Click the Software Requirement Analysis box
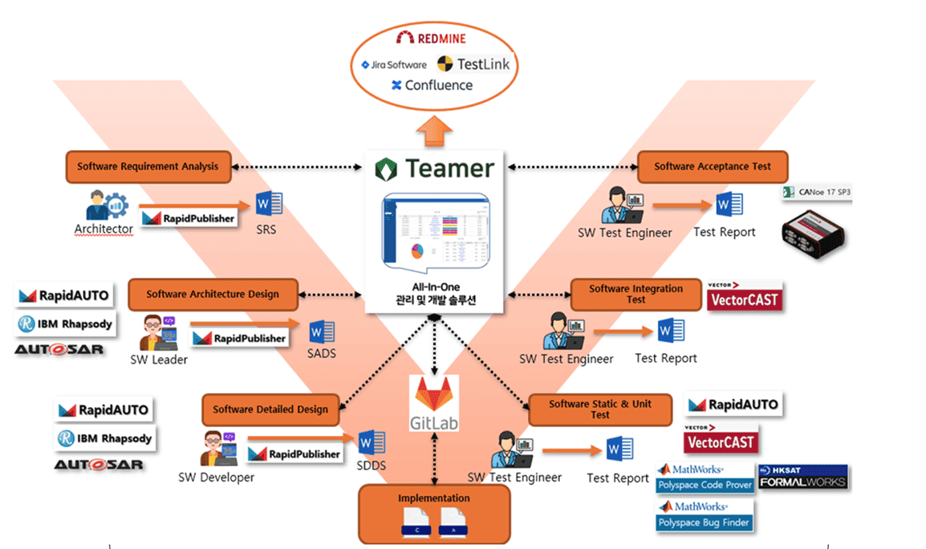click(x=148, y=167)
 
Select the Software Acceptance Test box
click(x=712, y=167)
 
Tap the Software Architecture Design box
click(x=213, y=295)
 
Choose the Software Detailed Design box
click(x=270, y=409)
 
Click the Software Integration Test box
click(x=636, y=294)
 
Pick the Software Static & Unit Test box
click(x=599, y=409)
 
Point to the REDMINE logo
click(x=431, y=38)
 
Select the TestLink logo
click(x=473, y=64)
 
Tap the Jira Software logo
click(x=393, y=64)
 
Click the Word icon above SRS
click(x=268, y=205)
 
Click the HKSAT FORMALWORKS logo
click(x=802, y=477)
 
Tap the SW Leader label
click(x=159, y=360)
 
